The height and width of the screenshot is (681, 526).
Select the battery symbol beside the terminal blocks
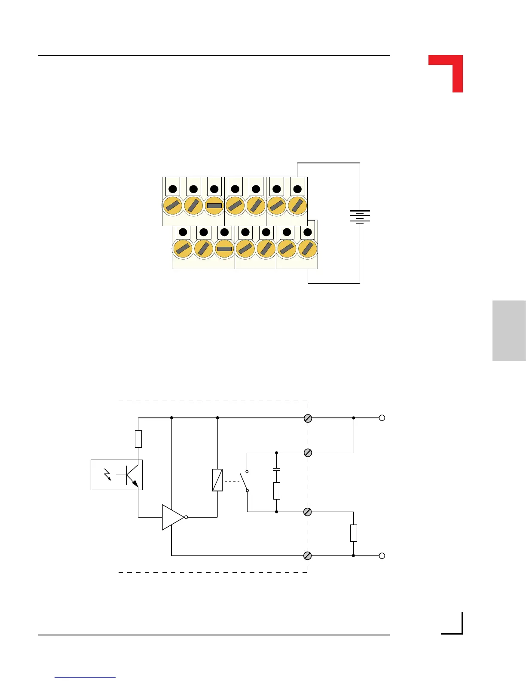pyautogui.click(x=360, y=216)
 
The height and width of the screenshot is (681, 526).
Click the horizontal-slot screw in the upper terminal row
pyautogui.click(x=214, y=206)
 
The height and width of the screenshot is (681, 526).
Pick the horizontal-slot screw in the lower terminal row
pyautogui.click(x=224, y=248)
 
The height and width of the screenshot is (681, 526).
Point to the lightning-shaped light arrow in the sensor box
pyautogui.click(x=108, y=475)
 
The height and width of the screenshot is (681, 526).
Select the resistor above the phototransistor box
pyautogui.click(x=138, y=439)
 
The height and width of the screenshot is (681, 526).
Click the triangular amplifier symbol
pyautogui.click(x=172, y=517)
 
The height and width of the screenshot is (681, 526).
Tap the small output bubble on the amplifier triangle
pyautogui.click(x=186, y=517)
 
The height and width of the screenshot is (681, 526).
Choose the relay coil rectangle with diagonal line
pyautogui.click(x=217, y=480)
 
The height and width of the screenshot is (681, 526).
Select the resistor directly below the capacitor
pyautogui.click(x=277, y=491)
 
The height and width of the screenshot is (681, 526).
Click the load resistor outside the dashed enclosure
pyautogui.click(x=353, y=533)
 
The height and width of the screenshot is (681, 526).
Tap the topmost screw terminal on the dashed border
pyautogui.click(x=308, y=418)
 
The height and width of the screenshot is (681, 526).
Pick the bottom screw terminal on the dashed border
pyautogui.click(x=308, y=555)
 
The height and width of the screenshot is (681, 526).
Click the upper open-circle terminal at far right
pyautogui.click(x=382, y=418)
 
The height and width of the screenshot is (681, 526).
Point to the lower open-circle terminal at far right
pyautogui.click(x=382, y=555)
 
